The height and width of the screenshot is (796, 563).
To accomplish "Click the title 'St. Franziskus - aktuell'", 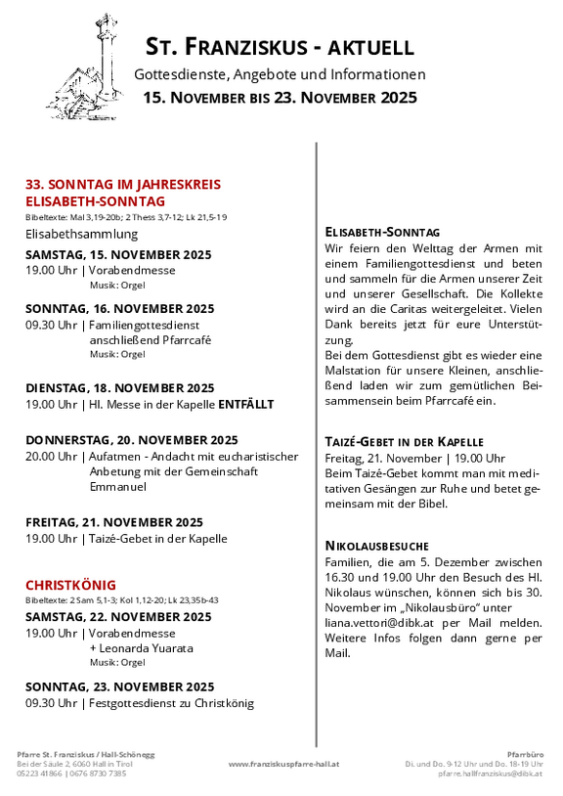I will pos(280,46).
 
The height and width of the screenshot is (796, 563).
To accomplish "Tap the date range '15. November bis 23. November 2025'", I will pos(280,98).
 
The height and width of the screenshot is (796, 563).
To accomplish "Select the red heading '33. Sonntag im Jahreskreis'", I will pos(123,184).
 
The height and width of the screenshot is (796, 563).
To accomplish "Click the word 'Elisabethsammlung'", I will pos(82,234).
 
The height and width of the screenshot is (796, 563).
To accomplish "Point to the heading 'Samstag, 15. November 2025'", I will pos(118,254).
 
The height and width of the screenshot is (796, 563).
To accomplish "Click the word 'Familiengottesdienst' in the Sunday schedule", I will pos(148,325).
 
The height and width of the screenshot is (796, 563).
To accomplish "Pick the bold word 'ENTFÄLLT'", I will pos(245,404).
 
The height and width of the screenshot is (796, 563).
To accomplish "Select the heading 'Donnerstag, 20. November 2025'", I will pos(132,440).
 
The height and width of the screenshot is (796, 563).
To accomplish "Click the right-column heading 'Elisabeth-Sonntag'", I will pos(382,232).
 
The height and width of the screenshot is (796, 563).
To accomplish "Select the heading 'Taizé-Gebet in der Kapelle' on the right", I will pos(404,442).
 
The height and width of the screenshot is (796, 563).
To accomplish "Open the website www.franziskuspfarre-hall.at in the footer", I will pos(283,764).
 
